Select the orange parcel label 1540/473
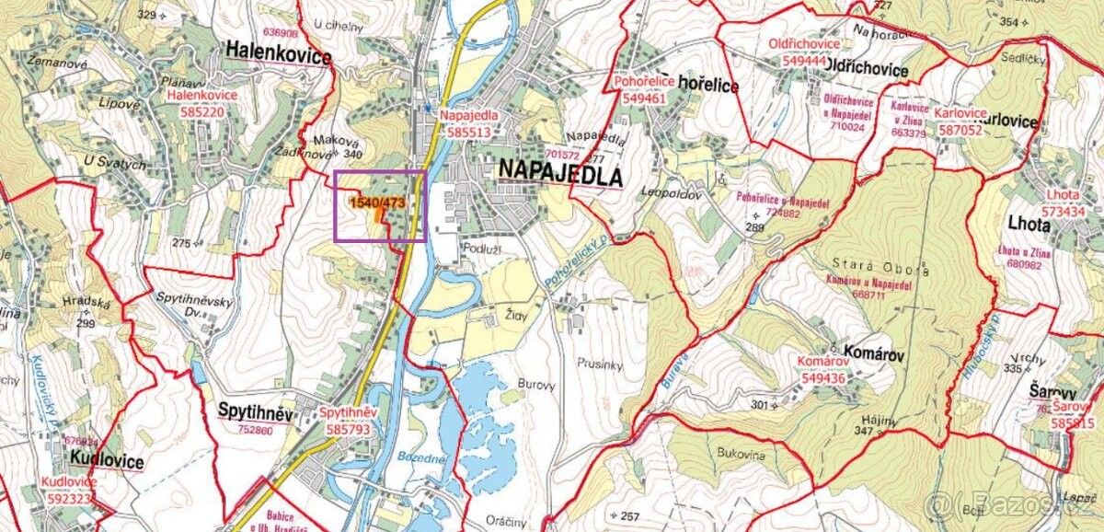(x=378, y=202)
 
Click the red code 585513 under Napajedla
(x=469, y=133)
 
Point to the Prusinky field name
(x=602, y=363)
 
